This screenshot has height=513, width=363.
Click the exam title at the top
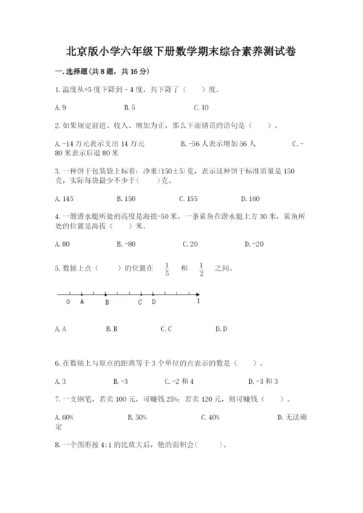click(x=181, y=52)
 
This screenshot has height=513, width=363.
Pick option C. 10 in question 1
click(x=201, y=107)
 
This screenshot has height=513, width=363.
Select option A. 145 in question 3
click(x=62, y=197)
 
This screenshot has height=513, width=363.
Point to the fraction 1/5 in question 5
click(x=166, y=268)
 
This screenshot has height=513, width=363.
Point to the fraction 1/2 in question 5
click(x=201, y=268)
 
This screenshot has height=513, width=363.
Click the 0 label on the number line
click(x=68, y=302)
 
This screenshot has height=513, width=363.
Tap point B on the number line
click(x=106, y=302)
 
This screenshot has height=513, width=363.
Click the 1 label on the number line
click(x=198, y=302)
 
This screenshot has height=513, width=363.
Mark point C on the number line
click(x=140, y=302)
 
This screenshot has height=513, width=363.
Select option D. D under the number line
click(x=221, y=329)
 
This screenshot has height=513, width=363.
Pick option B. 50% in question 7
click(x=137, y=416)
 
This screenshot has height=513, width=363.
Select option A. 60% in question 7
click(x=64, y=416)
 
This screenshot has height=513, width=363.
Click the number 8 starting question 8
click(x=57, y=445)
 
